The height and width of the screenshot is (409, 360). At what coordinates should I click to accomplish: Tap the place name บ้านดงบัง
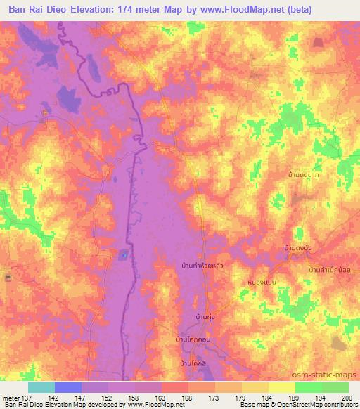tap(297, 247)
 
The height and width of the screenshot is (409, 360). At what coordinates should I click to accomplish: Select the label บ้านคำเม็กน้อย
tap(329, 269)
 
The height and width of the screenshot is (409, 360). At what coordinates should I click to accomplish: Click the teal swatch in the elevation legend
tap(41, 387)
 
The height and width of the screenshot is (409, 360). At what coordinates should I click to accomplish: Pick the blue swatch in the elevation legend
tap(68, 387)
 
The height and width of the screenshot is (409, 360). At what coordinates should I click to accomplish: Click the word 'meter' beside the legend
tap(11, 397)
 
